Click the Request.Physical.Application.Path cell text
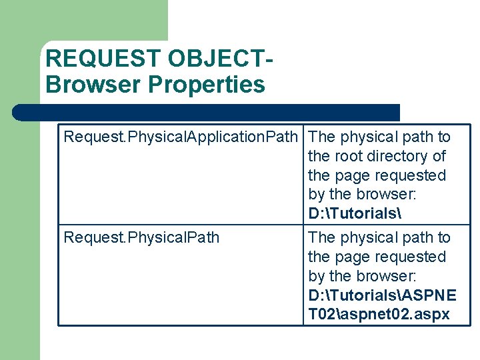(x=180, y=137)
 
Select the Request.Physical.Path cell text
(x=141, y=238)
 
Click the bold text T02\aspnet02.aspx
(x=379, y=315)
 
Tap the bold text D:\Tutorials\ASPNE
(x=382, y=295)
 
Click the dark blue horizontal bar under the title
(x=207, y=113)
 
